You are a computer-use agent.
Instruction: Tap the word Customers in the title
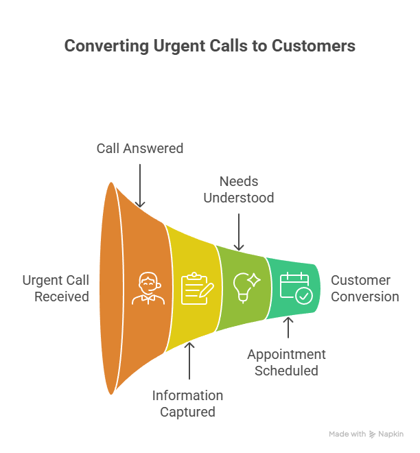point(313,46)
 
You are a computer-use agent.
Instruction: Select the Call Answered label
point(140,148)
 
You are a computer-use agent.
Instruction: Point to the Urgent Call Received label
point(55,288)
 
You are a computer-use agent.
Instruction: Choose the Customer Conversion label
point(364,288)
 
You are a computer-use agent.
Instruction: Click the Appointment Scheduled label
point(286,362)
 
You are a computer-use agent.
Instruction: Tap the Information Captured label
point(187,404)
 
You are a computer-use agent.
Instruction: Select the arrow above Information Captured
point(190,360)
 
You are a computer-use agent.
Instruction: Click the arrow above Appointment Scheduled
point(288,327)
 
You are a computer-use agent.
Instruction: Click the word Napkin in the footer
point(391,434)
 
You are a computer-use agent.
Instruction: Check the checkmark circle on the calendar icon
point(303,295)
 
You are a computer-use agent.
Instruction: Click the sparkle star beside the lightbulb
point(254,280)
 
